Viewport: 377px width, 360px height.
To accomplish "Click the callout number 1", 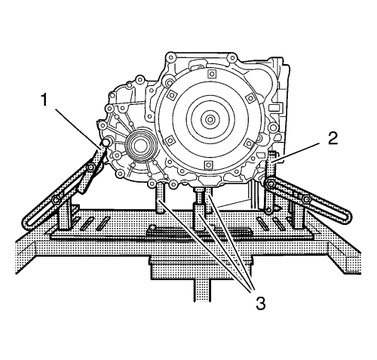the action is click(44, 100).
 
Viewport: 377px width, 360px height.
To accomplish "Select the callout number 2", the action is click(333, 138).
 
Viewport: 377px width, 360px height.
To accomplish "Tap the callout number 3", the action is click(260, 303).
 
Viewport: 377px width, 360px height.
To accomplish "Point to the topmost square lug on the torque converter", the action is click(212, 74).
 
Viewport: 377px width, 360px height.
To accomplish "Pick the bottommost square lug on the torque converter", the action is click(208, 165).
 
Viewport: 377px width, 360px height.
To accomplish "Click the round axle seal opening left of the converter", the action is click(139, 145).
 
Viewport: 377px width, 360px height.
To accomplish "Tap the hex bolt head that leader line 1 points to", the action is click(106, 143).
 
